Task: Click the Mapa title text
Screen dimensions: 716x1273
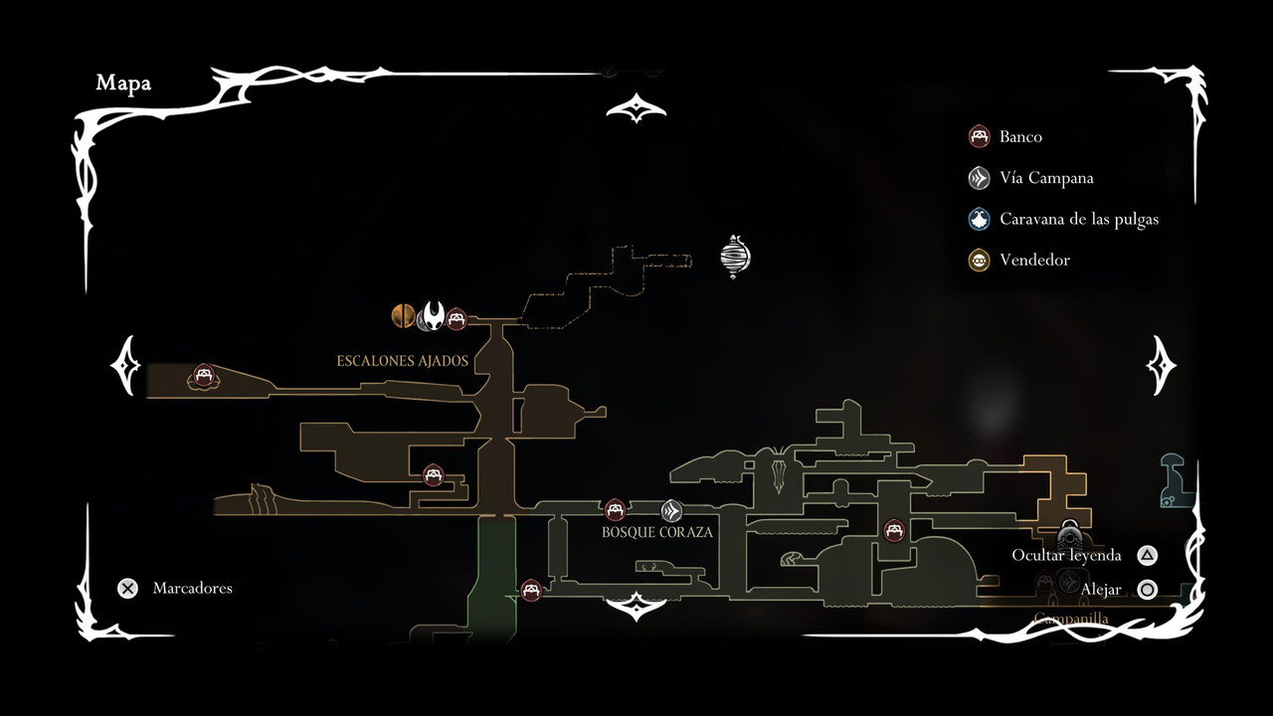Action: pyautogui.click(x=123, y=84)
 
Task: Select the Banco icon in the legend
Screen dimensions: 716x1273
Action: pyautogui.click(x=980, y=136)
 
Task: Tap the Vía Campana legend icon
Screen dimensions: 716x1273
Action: pyautogui.click(x=980, y=178)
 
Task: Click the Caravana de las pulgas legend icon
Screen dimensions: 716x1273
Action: pyautogui.click(x=980, y=219)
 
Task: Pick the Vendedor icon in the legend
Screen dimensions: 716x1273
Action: pyautogui.click(x=980, y=261)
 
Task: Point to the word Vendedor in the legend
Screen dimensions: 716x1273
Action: pyautogui.click(x=1034, y=261)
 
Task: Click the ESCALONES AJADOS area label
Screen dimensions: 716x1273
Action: pyautogui.click(x=402, y=361)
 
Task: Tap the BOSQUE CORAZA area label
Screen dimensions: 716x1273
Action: pyautogui.click(x=657, y=532)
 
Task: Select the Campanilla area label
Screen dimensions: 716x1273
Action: pyautogui.click(x=1071, y=619)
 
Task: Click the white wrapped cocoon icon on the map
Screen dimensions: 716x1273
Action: pyautogui.click(x=735, y=257)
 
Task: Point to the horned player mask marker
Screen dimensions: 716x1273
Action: pyautogui.click(x=433, y=316)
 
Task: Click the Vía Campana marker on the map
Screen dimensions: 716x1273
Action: pyautogui.click(x=672, y=511)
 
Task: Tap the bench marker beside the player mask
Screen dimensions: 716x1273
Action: pyautogui.click(x=456, y=318)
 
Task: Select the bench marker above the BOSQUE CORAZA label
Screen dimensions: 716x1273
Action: pyautogui.click(x=615, y=510)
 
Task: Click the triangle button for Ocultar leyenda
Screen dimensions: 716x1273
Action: pyautogui.click(x=1147, y=556)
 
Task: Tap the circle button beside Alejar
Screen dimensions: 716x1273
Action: pyautogui.click(x=1147, y=590)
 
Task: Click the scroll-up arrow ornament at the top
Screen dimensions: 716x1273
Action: pyautogui.click(x=636, y=108)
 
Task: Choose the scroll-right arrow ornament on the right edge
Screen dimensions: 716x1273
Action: pyautogui.click(x=1161, y=365)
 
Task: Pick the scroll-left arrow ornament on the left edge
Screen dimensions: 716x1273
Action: pyautogui.click(x=127, y=365)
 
